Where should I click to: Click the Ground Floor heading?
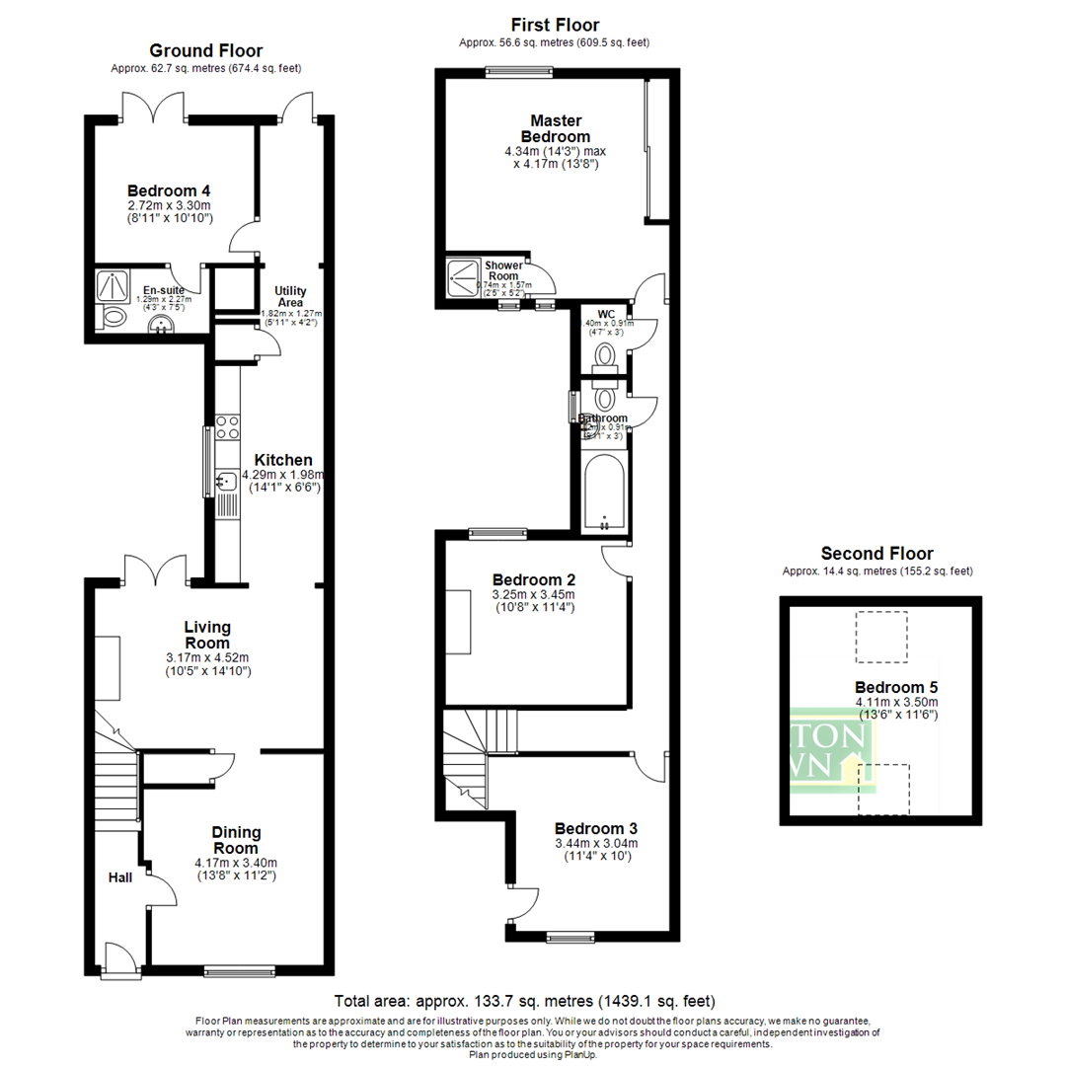[x=206, y=50]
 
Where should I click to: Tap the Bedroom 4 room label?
[x=169, y=190]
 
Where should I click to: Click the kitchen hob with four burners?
[x=227, y=426]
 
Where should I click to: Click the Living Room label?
[x=207, y=635]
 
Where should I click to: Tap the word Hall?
[x=120, y=876]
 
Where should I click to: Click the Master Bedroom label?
[x=554, y=128]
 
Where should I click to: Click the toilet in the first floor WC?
[x=605, y=353]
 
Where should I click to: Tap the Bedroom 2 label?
[x=534, y=579]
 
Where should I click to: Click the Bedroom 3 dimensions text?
[x=595, y=850]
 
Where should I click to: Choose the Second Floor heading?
[x=876, y=554]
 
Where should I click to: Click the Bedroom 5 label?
[x=896, y=688]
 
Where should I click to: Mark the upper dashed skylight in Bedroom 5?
[x=880, y=637]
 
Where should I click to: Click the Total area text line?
[x=525, y=1000]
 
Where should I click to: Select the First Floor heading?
[x=554, y=25]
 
